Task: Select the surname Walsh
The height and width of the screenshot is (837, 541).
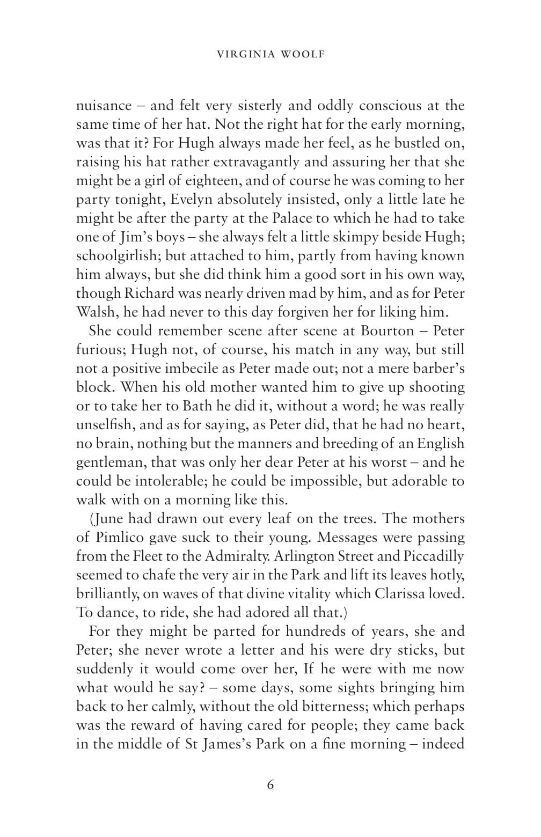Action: (96, 312)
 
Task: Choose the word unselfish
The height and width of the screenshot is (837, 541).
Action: (107, 425)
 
